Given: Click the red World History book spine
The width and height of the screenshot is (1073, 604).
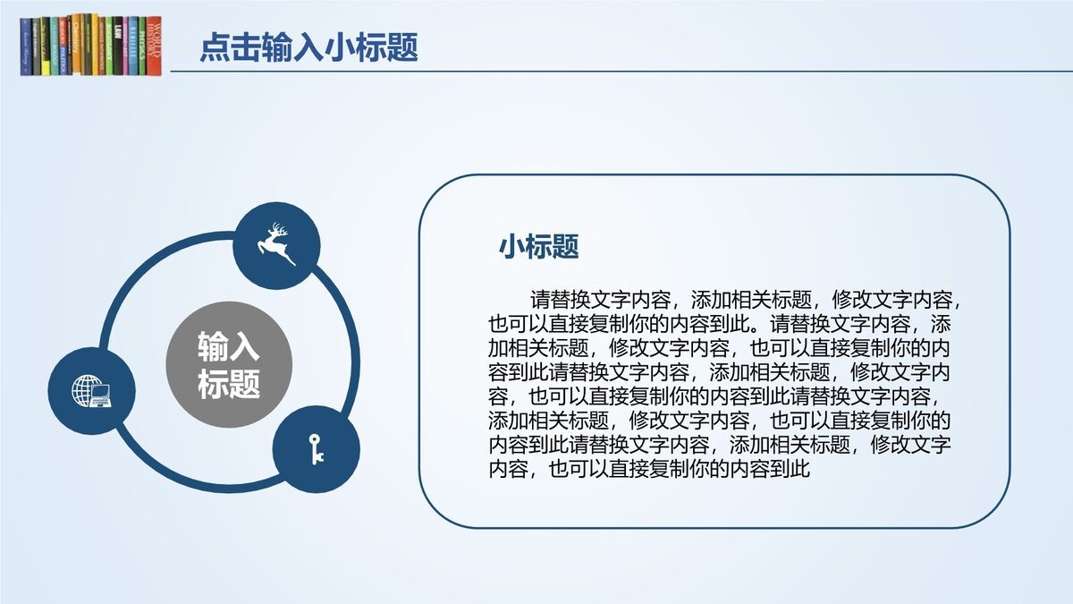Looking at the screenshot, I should pos(154,45).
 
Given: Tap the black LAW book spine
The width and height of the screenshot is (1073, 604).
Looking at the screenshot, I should pos(118,45).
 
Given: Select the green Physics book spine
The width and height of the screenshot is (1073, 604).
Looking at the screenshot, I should pos(142,45).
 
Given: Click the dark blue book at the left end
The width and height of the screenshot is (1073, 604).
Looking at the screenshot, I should pos(26,47).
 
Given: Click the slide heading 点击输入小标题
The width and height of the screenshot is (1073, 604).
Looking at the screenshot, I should pos(308,47).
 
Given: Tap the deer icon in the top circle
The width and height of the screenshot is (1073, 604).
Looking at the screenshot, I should pos(277,244).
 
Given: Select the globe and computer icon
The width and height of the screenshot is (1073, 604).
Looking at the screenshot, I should pos(91,391).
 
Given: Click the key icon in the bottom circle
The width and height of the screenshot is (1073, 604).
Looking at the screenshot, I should pos(316,448).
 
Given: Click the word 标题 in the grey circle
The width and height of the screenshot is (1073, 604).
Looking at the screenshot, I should pos(228,385).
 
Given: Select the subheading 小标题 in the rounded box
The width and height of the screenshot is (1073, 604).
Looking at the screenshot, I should pos(539,246).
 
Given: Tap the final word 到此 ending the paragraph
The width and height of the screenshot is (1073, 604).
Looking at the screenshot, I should pos(790,468).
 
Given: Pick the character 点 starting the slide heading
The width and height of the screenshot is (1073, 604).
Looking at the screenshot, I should pos(212,47).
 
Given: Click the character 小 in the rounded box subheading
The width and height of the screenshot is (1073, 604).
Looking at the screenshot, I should pos(511,246).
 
